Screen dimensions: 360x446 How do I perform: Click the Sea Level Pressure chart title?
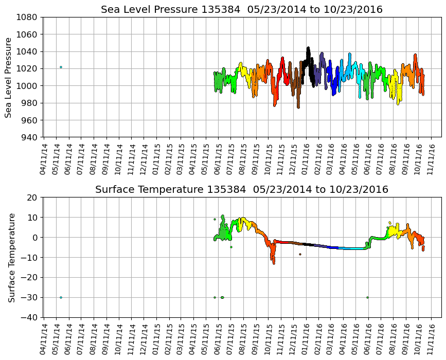(242, 10)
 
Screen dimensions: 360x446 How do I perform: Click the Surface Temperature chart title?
(242, 190)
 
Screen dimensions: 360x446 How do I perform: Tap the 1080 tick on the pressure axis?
(29, 17)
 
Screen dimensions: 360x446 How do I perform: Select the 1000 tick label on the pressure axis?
(29, 86)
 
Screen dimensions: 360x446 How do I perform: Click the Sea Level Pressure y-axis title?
(9, 77)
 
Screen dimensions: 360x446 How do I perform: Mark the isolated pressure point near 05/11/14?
(61, 67)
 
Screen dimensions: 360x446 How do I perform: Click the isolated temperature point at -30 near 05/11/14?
(61, 297)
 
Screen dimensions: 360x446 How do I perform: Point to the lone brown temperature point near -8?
(300, 254)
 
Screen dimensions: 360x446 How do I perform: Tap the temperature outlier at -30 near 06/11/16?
(367, 297)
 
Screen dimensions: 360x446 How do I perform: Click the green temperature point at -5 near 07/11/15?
(231, 247)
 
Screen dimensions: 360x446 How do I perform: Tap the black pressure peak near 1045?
(308, 48)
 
